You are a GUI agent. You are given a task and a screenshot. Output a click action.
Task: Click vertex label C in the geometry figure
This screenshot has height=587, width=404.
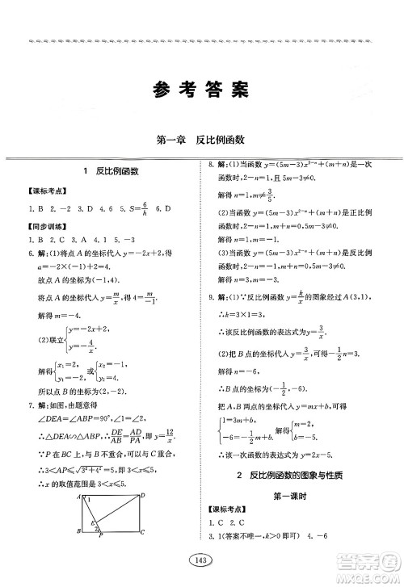142,532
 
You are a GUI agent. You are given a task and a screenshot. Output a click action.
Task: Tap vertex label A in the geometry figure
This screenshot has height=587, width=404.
79,495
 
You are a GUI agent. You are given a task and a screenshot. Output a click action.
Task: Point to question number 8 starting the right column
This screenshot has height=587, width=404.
212,187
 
